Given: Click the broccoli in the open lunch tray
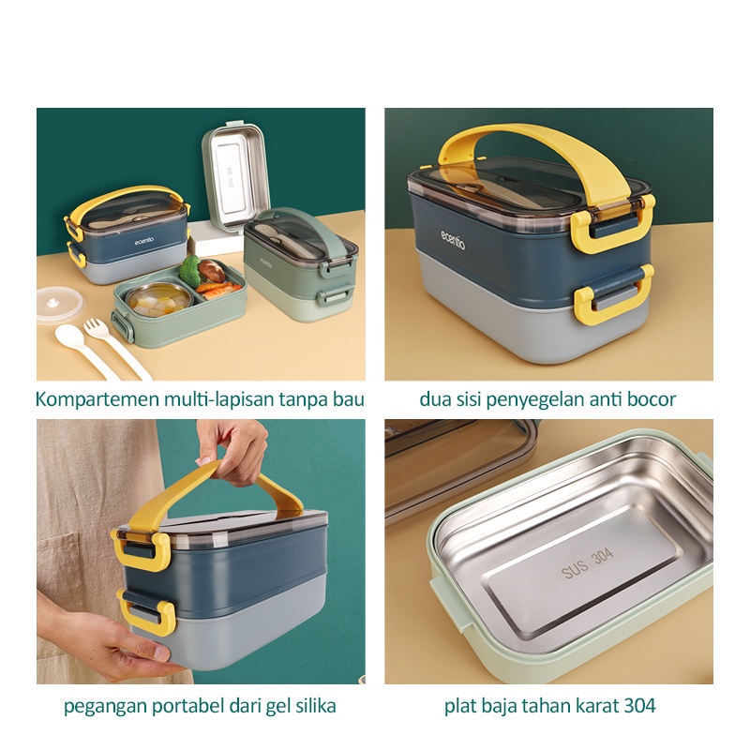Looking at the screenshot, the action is pos(190,270).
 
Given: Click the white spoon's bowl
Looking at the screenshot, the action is pos(69,336).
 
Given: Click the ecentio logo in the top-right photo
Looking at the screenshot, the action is pos(453,240).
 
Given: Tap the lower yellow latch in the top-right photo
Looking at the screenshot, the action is pos(614,294).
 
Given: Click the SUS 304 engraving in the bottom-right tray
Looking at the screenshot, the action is pos(588,563).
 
